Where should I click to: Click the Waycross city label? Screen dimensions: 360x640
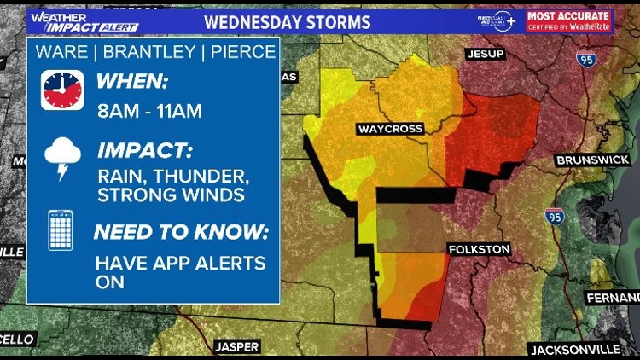coord(390,129)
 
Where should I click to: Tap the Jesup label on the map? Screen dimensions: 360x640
coord(485,54)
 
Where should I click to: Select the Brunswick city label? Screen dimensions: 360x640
coord(591,160)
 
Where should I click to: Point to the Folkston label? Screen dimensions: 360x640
coord(479,249)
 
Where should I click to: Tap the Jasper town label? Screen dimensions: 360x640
coord(236,346)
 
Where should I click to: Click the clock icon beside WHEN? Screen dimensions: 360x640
coord(62,90)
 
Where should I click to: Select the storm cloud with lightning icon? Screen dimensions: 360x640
coord(62,160)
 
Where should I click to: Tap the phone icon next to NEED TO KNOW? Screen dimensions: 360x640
coord(61,229)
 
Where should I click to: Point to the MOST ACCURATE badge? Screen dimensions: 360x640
coord(568,20)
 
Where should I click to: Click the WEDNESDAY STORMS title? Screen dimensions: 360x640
coord(288,21)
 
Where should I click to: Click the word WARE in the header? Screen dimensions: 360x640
coord(61,52)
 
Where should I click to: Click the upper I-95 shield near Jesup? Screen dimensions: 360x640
coord(586,60)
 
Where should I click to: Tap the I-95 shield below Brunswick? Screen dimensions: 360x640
coord(554,216)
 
